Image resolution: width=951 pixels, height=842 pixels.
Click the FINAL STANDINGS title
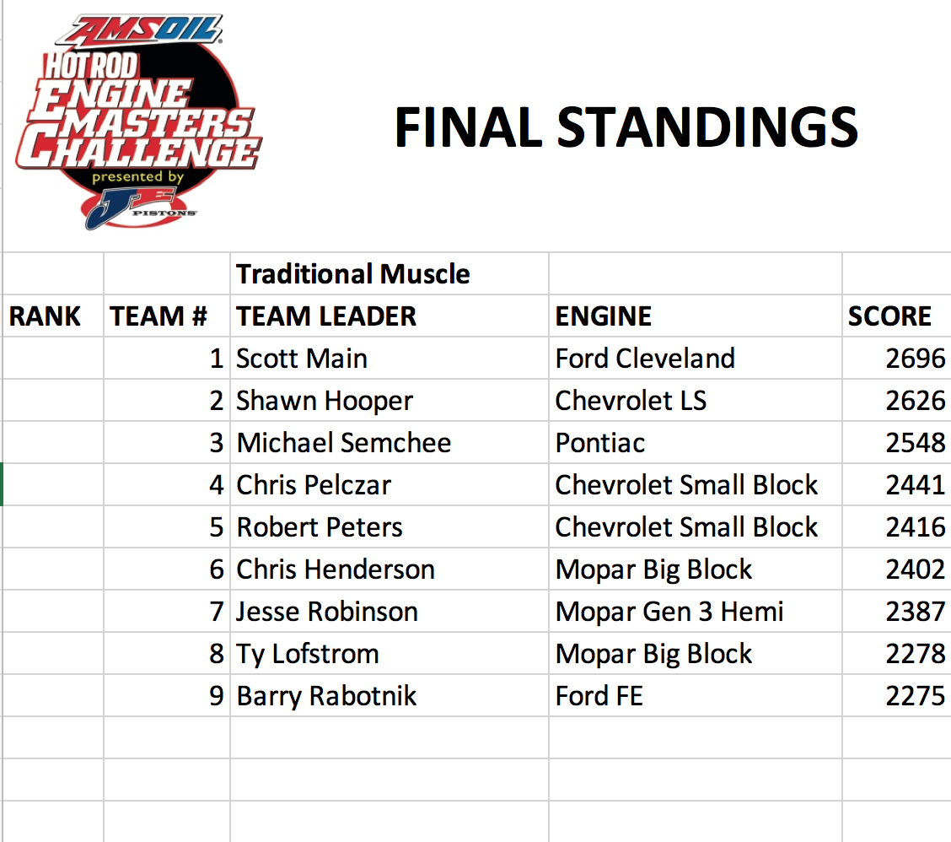pos(626,127)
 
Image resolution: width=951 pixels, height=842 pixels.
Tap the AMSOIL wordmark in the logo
pos(140,30)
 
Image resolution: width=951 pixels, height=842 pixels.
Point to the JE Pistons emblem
pos(139,208)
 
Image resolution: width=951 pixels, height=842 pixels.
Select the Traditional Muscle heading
pos(353,274)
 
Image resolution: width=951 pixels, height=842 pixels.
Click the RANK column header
pos(45,316)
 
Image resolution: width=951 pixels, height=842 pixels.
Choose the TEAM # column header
pos(158,316)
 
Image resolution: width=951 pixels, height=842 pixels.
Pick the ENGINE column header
pos(604,316)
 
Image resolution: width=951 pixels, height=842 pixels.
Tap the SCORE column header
pos(889,316)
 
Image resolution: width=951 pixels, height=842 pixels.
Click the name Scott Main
pos(302,359)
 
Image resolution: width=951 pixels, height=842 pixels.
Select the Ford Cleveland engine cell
pos(645,359)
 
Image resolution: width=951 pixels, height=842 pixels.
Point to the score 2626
pos(916,401)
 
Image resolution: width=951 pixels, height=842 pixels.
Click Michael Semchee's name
pos(343,443)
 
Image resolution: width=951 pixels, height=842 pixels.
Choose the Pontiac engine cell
pos(599,443)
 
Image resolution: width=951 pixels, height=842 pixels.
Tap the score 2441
pos(916,485)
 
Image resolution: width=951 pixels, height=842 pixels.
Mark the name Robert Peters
pos(319,527)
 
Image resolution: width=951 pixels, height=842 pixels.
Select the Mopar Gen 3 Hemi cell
pos(669,612)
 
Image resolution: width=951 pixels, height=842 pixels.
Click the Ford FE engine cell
pos(599,696)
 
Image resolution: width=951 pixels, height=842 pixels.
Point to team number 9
pos(217,696)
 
